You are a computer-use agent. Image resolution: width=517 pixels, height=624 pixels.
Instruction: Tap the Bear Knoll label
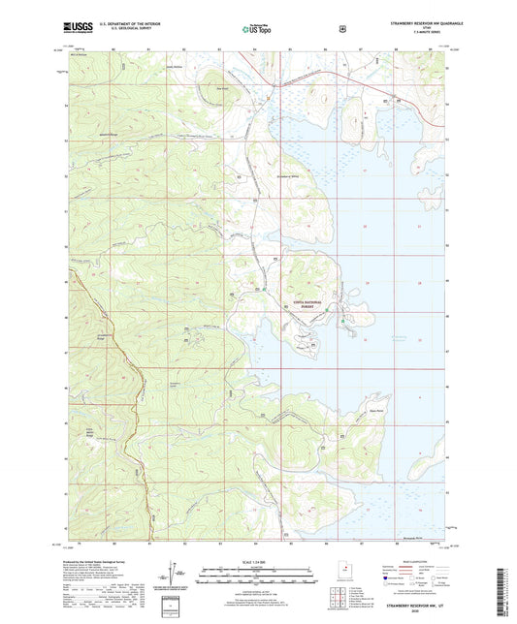(221, 87)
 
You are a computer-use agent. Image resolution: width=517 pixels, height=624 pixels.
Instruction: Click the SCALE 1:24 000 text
(257, 562)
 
